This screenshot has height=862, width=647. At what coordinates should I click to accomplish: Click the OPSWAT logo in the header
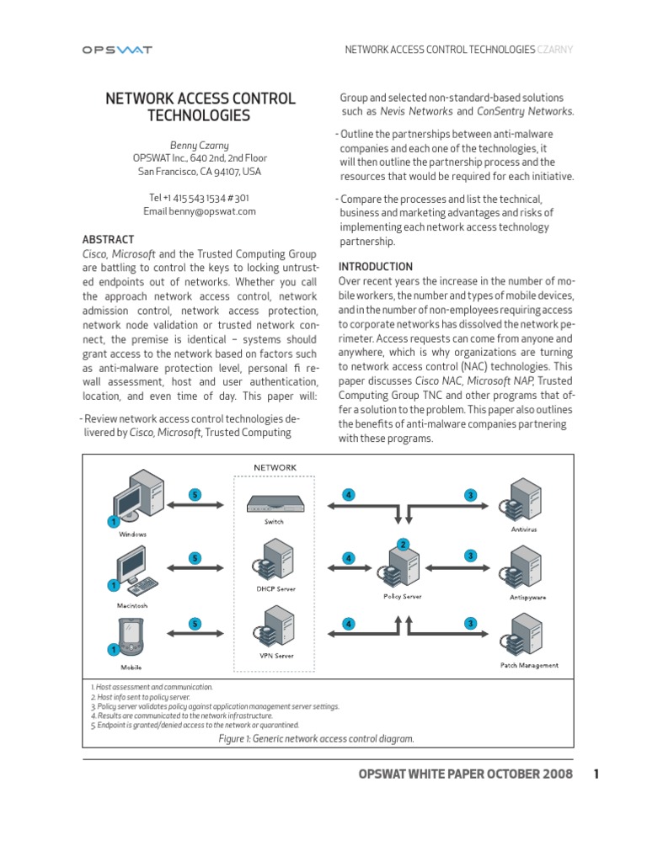pyautogui.click(x=116, y=50)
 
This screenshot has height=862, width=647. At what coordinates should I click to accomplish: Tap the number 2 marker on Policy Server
pyautogui.click(x=404, y=544)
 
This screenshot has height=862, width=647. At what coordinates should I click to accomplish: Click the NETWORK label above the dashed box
pyautogui.click(x=275, y=467)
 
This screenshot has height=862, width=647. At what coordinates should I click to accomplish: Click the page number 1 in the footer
pyautogui.click(x=596, y=774)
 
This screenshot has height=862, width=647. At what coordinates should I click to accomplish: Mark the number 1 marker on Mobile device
pyautogui.click(x=112, y=649)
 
